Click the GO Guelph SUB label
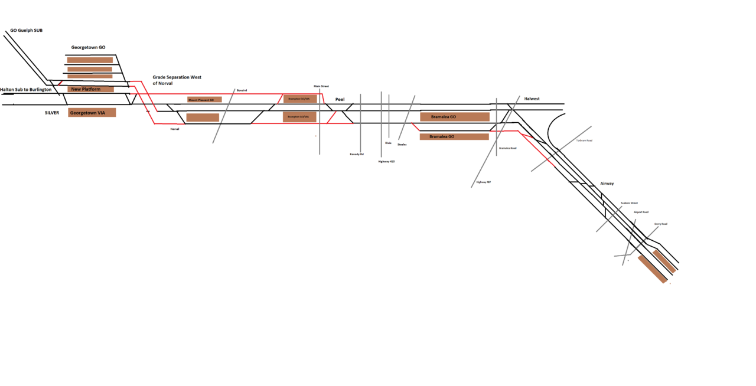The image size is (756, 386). [27, 30]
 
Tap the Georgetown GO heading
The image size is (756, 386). [89, 47]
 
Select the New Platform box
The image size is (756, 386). [90, 89]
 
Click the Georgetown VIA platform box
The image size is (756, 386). [92, 112]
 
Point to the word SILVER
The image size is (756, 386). [52, 112]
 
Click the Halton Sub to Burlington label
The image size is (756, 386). [26, 90]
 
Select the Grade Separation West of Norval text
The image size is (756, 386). [177, 80]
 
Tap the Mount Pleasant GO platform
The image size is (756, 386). [204, 100]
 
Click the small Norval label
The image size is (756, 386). [174, 129]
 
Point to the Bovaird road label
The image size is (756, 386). [242, 90]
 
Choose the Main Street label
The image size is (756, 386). [321, 86]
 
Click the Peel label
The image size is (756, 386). [340, 99]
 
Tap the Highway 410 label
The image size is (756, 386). [386, 161]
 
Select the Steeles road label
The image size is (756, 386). [402, 144]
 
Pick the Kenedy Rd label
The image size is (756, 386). [357, 154]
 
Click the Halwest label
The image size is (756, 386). [532, 99]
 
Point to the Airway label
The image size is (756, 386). [607, 184]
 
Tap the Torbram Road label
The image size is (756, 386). [584, 140]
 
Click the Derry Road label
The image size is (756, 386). [660, 224]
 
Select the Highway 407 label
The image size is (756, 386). [484, 182]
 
